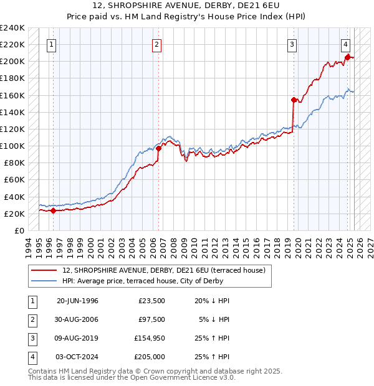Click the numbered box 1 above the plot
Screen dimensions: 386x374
click(50, 44)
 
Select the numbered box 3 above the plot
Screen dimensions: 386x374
click(292, 44)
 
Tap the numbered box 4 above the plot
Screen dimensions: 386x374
click(345, 44)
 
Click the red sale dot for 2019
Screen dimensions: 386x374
click(294, 100)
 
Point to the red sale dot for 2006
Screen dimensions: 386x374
click(159, 148)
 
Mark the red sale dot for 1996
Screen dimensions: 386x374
click(53, 210)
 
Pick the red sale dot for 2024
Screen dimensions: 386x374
click(347, 57)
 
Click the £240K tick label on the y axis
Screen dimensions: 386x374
click(12, 28)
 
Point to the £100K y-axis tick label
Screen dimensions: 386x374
click(12, 146)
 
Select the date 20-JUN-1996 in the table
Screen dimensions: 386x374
click(77, 301)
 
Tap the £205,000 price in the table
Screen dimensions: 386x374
click(150, 357)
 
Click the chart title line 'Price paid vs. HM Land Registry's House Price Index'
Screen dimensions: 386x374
click(186, 17)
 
